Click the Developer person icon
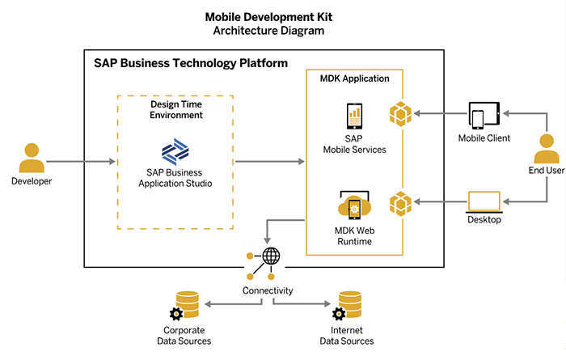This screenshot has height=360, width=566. click(x=32, y=157)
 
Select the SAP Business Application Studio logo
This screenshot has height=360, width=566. click(x=175, y=151)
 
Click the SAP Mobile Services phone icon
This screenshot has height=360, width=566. click(x=354, y=116)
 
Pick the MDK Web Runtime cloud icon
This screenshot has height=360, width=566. click(x=354, y=208)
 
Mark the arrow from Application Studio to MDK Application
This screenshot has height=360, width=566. click(x=268, y=162)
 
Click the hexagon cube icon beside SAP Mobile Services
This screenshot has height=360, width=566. click(x=402, y=114)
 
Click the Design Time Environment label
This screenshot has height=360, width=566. click(x=175, y=109)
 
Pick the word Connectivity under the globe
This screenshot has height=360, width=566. click(x=268, y=290)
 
